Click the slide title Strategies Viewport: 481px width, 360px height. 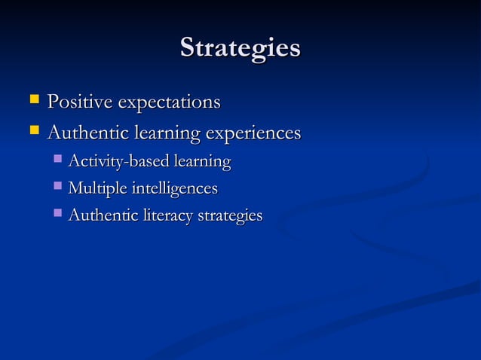(x=240, y=48)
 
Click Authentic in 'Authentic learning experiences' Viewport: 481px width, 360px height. (x=86, y=133)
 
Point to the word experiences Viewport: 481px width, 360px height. (x=253, y=134)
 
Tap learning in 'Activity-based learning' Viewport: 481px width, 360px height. (x=202, y=162)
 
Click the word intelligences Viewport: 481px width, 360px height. (x=175, y=188)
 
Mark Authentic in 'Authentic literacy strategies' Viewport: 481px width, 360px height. (x=101, y=215)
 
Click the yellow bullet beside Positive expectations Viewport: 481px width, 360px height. (x=33, y=99)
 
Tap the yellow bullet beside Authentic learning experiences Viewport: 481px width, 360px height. (x=33, y=132)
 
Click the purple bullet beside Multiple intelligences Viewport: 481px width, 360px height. (x=58, y=187)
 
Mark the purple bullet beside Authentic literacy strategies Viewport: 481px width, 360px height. (x=58, y=214)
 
